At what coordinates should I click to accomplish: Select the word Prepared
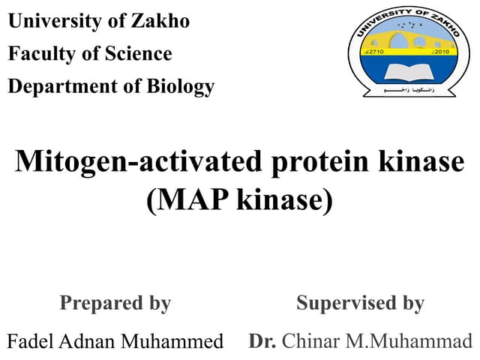tap(97, 303)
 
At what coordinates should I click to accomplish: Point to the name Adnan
tap(90, 341)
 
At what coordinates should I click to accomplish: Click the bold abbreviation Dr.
tap(262, 341)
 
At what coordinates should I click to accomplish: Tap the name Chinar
tap(311, 341)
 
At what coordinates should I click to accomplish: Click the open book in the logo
tap(406, 72)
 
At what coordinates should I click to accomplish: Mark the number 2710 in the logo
tap(374, 53)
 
